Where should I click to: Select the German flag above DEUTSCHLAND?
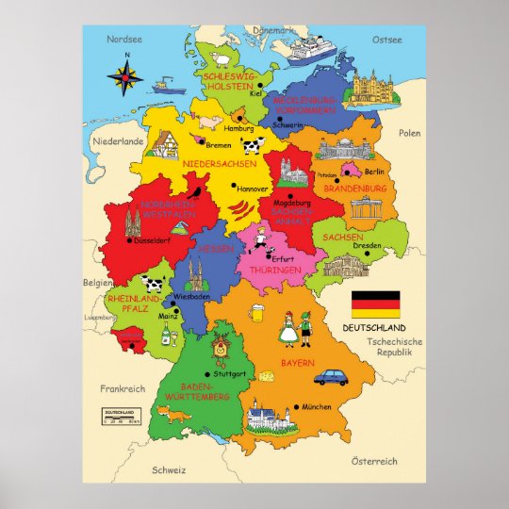375,304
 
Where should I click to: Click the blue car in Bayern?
332,377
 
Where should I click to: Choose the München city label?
318,406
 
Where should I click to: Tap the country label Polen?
409,133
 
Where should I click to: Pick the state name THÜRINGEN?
274,270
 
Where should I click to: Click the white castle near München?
267,414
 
